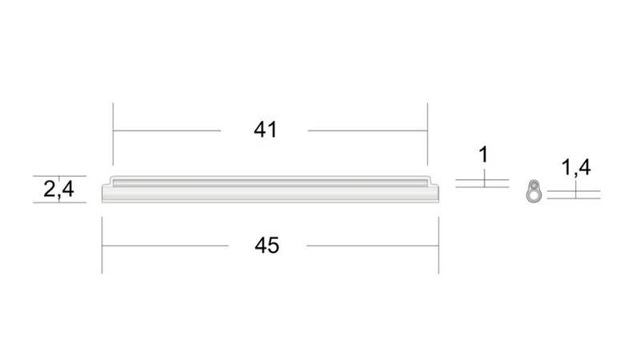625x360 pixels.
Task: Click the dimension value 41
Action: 266,130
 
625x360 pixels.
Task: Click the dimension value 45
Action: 266,245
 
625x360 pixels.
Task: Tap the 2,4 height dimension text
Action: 58,189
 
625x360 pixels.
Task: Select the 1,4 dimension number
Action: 575,167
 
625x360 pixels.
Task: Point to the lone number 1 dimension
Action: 483,154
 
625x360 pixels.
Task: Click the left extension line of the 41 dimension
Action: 113,134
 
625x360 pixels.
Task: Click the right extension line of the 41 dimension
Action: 427,134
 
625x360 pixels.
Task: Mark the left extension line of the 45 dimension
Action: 102,245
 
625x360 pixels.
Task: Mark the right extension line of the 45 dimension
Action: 439,245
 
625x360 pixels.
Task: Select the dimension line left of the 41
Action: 166,130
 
